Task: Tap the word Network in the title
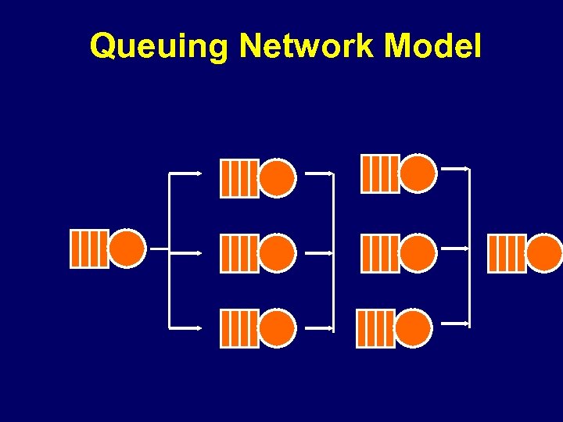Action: click(x=306, y=46)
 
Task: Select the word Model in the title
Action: click(x=433, y=46)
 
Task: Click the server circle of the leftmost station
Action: click(x=127, y=249)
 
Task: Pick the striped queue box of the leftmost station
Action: click(x=89, y=249)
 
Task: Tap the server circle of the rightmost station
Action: click(x=544, y=253)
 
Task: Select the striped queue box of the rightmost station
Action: click(x=506, y=253)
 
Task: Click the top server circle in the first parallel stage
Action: click(x=278, y=178)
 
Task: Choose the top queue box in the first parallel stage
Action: click(x=239, y=178)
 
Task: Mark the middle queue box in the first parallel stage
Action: click(x=239, y=253)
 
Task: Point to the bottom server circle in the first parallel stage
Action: click(x=278, y=328)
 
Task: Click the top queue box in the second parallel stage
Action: click(x=379, y=173)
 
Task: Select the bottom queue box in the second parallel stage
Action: click(x=375, y=328)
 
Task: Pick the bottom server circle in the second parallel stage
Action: click(x=413, y=328)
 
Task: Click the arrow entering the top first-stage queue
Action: click(x=188, y=173)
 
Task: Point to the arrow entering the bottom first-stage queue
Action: click(x=188, y=327)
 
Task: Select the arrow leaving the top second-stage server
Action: click(x=456, y=168)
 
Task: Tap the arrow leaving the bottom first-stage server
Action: click(x=318, y=329)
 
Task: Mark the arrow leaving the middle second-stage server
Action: click(x=456, y=248)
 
